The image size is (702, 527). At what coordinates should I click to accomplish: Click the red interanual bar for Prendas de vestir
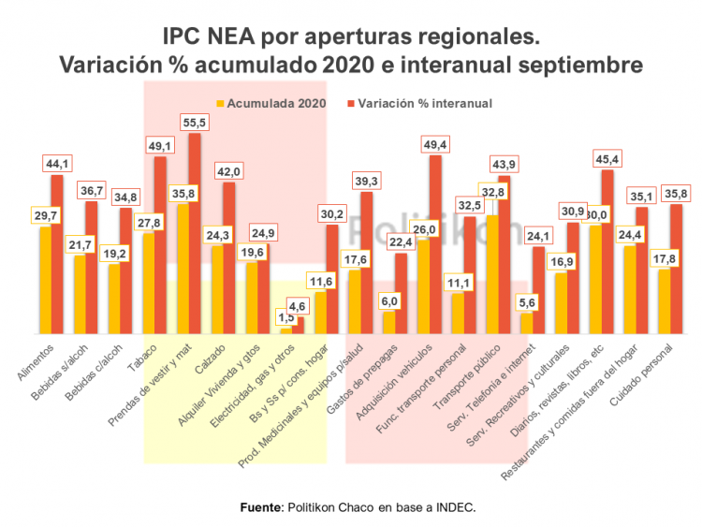click(195, 234)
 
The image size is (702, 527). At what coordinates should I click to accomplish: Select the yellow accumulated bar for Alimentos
click(45, 281)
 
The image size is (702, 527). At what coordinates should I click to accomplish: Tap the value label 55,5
click(196, 123)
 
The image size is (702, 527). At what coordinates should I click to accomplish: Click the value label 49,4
click(435, 144)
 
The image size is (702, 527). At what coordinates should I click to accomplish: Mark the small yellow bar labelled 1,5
click(285, 330)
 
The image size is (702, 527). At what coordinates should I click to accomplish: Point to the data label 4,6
click(299, 306)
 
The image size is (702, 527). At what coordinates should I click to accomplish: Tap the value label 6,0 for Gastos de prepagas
click(388, 301)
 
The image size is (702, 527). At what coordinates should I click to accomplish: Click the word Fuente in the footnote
click(259, 506)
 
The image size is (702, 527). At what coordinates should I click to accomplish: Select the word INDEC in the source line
click(456, 506)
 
